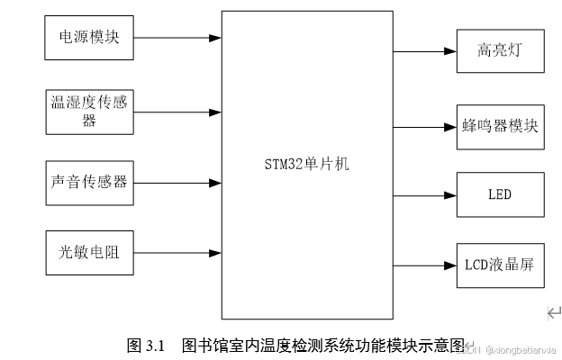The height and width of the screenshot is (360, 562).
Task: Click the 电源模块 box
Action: [89, 38]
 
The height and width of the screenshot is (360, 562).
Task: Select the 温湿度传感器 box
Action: [89, 111]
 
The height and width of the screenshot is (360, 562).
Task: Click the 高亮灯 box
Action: [499, 50]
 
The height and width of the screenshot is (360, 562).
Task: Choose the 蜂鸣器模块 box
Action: [499, 124]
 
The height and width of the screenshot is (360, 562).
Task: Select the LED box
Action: [499, 193]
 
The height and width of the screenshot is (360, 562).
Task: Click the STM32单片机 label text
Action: [307, 164]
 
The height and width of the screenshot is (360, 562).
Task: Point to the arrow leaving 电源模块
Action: [177, 38]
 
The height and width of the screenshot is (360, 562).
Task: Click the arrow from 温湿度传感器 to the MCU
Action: [177, 111]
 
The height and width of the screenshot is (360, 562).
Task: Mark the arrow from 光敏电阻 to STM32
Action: [177, 253]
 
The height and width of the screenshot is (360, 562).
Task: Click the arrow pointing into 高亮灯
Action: [424, 50]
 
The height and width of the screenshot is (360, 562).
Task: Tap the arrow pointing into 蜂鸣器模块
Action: [424, 124]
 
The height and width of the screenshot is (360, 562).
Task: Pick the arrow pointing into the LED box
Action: [424, 193]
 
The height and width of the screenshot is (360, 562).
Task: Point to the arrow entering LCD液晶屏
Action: [424, 265]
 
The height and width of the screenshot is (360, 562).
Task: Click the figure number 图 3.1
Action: [148, 345]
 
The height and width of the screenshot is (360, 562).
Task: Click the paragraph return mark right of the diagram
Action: [554, 313]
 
